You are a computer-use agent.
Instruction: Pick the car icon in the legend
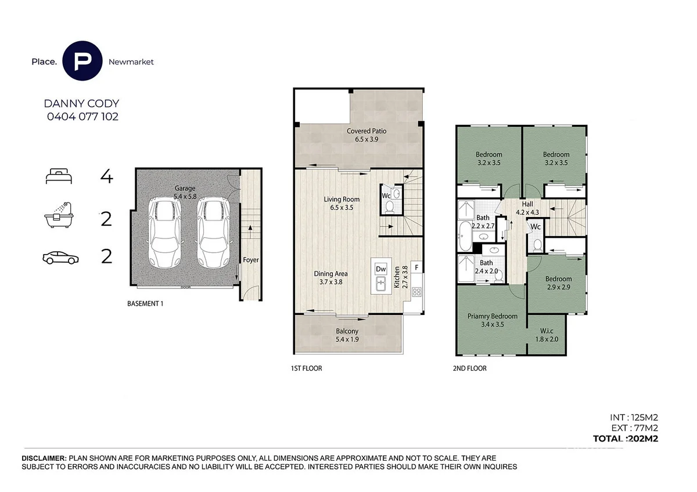(x=60, y=258)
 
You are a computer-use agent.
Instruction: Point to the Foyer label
(x=251, y=260)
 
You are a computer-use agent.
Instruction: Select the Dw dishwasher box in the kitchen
(x=381, y=269)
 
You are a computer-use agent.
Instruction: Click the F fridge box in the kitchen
(x=416, y=268)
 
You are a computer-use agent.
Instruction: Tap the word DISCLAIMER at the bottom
(x=45, y=458)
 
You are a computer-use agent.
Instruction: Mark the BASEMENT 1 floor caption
(x=145, y=303)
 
